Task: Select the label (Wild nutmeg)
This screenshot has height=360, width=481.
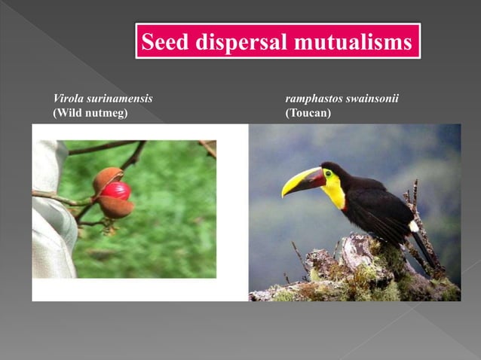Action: (90, 113)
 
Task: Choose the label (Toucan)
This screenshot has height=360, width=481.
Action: (308, 113)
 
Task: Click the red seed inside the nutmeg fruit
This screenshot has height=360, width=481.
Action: (116, 191)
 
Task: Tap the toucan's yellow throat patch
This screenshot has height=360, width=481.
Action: (334, 194)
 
